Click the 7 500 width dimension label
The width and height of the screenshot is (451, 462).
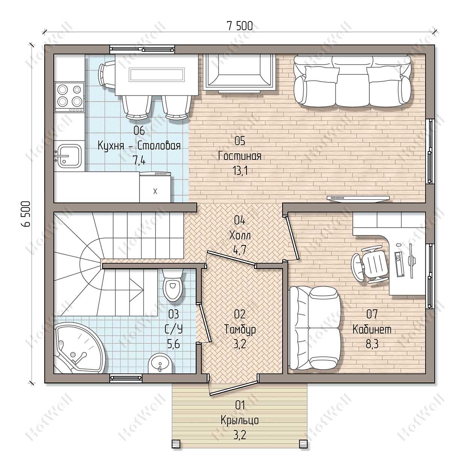[x=240, y=26]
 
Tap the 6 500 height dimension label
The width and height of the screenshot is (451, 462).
[x=26, y=214]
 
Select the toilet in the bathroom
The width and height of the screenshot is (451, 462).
[x=173, y=285]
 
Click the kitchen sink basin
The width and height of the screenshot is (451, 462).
[x=69, y=156]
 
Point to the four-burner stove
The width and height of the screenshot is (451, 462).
[x=69, y=97]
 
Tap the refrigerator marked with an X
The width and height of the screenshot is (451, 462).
[x=155, y=188]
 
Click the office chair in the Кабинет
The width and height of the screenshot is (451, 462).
[x=370, y=265]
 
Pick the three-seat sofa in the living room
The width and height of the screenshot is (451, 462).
[x=352, y=81]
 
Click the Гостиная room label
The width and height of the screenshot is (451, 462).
[x=240, y=156]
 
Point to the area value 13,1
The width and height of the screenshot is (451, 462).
[x=241, y=170]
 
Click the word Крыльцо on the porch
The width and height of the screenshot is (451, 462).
[x=240, y=420]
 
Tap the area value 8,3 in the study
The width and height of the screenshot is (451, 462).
[x=372, y=344]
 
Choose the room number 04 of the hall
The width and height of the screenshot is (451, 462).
[x=239, y=220]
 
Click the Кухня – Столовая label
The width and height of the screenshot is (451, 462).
[x=139, y=145]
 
